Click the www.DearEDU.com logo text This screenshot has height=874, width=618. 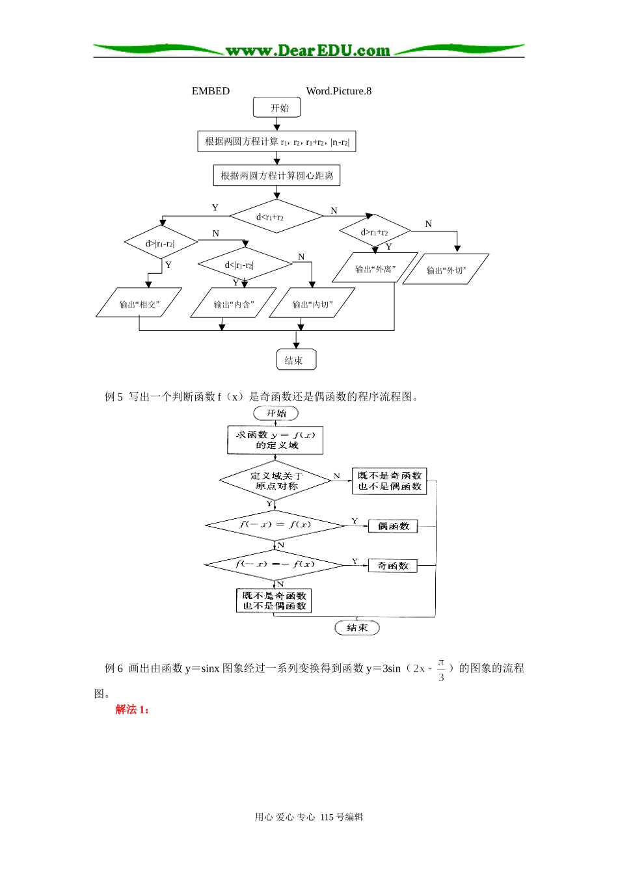(x=308, y=50)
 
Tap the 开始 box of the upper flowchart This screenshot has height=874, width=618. (x=277, y=108)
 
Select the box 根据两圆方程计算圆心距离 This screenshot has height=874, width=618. (x=276, y=176)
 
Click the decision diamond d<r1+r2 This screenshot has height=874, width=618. (x=276, y=217)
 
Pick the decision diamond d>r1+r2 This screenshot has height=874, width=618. (x=375, y=232)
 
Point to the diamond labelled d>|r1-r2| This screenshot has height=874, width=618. (x=161, y=243)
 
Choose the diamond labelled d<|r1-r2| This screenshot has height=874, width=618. (x=245, y=265)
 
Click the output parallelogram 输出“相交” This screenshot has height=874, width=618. (x=139, y=304)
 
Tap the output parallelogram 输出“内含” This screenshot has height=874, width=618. (x=234, y=304)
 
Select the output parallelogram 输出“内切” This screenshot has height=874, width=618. (x=312, y=304)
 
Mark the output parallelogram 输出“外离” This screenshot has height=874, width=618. (x=375, y=269)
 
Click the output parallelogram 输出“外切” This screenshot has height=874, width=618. (x=446, y=270)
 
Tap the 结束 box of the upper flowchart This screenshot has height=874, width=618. (x=296, y=360)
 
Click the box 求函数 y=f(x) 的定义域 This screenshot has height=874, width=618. (x=275, y=440)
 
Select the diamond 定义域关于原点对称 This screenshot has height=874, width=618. (x=275, y=481)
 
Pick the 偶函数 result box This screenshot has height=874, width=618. (x=393, y=526)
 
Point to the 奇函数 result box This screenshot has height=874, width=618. (x=393, y=566)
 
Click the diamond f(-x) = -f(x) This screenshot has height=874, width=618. (x=275, y=564)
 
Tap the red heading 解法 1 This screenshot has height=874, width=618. (x=132, y=709)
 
